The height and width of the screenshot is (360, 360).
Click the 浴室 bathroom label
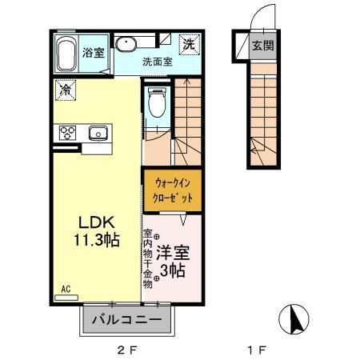click(94, 53)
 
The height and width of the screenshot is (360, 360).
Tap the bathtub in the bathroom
click(67, 53)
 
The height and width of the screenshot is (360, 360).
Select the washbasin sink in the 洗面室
click(126, 45)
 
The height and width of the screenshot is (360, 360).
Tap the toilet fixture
click(157, 103)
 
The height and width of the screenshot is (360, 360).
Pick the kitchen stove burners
click(65, 133)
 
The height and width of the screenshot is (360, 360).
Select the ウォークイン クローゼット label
click(172, 190)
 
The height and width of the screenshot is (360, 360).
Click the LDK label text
click(96, 222)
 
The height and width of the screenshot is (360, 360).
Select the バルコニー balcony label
click(126, 321)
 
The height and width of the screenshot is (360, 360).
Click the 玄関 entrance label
click(262, 46)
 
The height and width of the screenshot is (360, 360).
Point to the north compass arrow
click(294, 321)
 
